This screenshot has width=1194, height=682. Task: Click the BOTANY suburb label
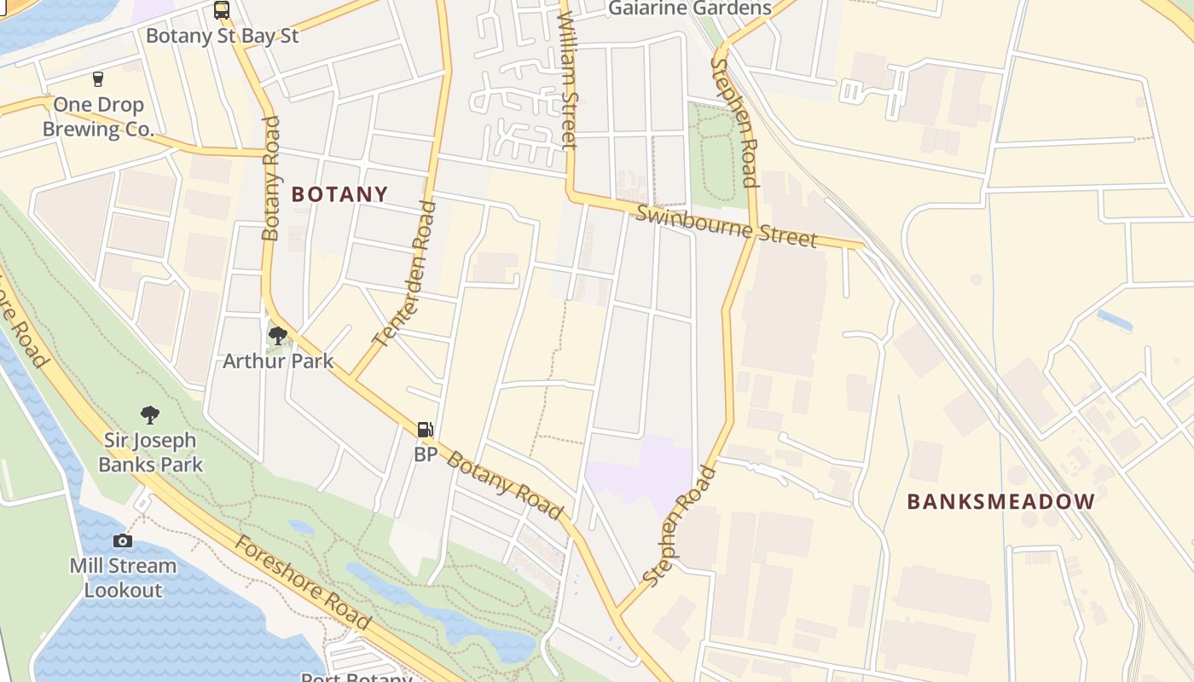[339, 194]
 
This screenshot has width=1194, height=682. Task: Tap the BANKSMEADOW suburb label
[1000, 501]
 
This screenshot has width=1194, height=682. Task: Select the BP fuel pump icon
[425, 430]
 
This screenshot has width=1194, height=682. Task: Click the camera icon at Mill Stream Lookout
[123, 540]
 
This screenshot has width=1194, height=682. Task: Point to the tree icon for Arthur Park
[277, 335]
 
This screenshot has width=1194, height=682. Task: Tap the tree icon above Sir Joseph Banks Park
[150, 415]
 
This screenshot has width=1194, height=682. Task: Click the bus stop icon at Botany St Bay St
[221, 10]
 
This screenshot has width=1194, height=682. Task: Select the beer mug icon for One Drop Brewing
[98, 79]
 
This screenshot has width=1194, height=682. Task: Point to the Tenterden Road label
[405, 273]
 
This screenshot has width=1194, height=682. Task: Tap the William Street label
[567, 77]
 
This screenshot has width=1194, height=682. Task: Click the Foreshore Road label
[303, 583]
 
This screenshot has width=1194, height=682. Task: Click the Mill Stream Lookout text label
[123, 577]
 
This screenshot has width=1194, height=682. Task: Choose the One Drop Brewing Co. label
[98, 118]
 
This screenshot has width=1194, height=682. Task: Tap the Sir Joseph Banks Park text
[150, 453]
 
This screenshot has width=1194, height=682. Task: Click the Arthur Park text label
[278, 361]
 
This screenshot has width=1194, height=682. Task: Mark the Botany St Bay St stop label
[222, 36]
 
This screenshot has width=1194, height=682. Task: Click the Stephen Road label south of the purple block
[679, 526]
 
